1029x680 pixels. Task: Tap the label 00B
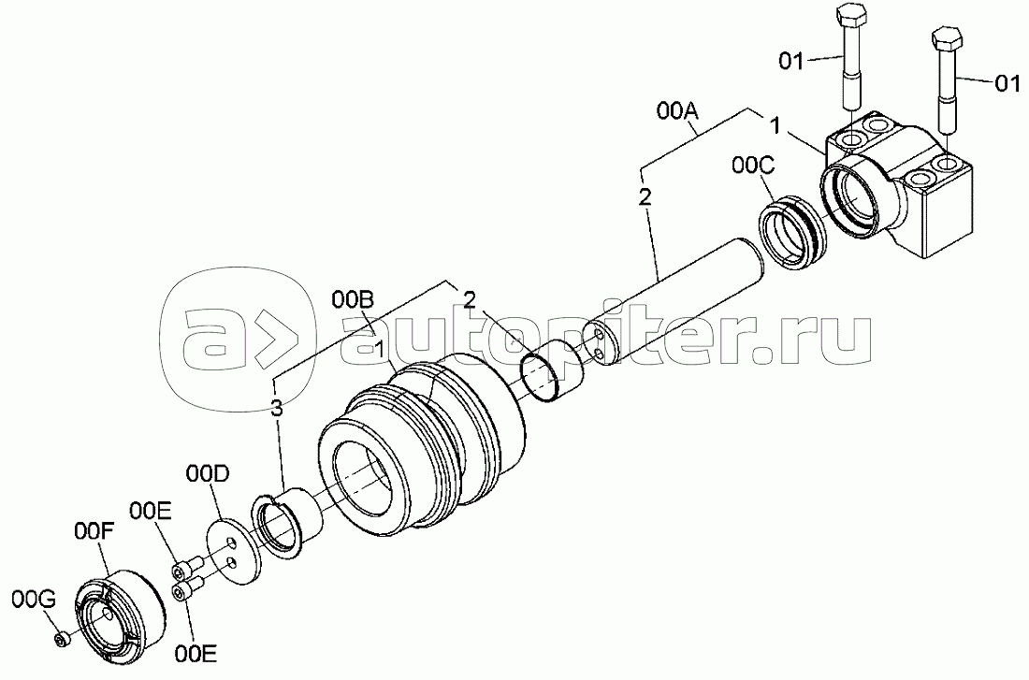pyautogui.click(x=354, y=300)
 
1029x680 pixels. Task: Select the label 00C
pyautogui.click(x=753, y=166)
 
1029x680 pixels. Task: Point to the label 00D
pyautogui.click(x=208, y=474)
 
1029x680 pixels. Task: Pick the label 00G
pyautogui.click(x=34, y=600)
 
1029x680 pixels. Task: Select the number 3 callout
pyautogui.click(x=277, y=408)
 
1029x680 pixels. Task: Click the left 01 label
pyautogui.click(x=791, y=62)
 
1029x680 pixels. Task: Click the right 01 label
pyautogui.click(x=1007, y=84)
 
